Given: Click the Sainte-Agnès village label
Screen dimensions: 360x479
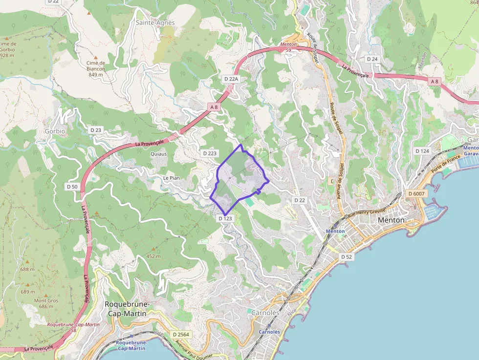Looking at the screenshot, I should [x=155, y=22].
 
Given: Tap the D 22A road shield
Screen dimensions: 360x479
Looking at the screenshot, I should [x=231, y=79].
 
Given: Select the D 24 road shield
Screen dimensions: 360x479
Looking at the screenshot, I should [x=372, y=59].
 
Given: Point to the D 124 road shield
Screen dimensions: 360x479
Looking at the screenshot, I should [x=422, y=151].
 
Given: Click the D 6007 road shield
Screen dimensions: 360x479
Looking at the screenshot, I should [x=417, y=194].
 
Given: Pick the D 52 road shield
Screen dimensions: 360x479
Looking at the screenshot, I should [x=347, y=256].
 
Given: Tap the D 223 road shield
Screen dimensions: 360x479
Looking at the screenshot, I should [x=209, y=153].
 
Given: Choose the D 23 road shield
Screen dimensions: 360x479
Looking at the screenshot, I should [x=96, y=130].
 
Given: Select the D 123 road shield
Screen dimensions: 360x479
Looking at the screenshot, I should [x=225, y=218].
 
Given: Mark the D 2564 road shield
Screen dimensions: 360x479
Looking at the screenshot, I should [x=180, y=334].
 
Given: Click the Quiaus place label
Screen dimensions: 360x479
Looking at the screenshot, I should [x=158, y=154].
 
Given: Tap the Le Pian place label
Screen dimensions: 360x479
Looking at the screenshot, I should [x=172, y=178].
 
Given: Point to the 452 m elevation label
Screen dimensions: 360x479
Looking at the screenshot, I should [x=153, y=256].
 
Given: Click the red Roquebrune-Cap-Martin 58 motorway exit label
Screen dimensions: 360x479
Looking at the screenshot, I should [x=73, y=327].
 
